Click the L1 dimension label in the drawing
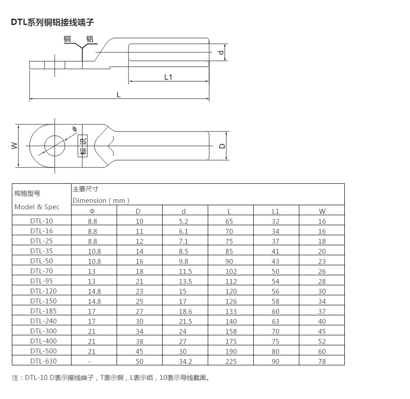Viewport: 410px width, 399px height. [168, 77]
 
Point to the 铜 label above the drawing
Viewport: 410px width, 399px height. [67, 39]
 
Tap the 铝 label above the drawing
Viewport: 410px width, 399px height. [90, 39]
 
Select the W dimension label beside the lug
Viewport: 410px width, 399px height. [15, 146]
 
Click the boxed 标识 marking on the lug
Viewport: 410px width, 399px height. [82, 146]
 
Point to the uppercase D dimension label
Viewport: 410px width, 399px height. [222, 146]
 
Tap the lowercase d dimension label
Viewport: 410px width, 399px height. [221, 52]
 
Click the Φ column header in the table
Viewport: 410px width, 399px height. [92, 211]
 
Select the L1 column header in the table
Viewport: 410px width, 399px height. [276, 211]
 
